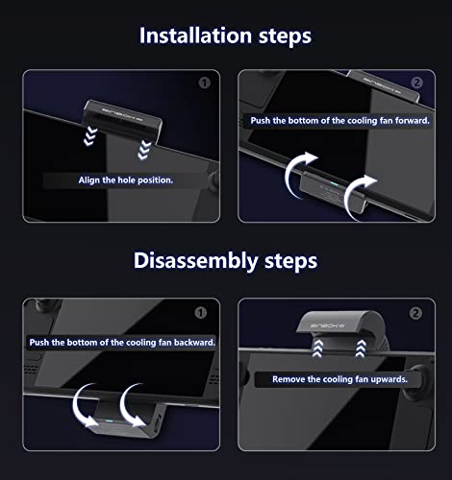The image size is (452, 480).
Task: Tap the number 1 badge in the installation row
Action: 203,83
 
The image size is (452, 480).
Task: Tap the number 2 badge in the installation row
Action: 416,83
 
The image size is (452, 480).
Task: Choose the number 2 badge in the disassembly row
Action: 416,312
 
